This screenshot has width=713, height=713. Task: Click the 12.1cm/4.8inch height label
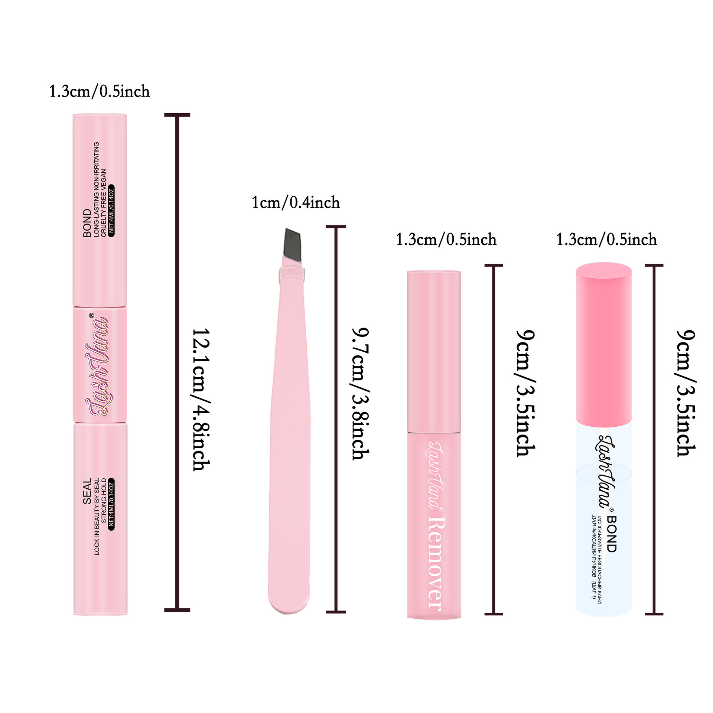[x=201, y=400]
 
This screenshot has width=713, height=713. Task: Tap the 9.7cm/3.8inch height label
[x=360, y=394]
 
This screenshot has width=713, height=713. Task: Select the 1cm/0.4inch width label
[x=296, y=203]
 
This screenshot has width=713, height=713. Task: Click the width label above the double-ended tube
[x=100, y=91]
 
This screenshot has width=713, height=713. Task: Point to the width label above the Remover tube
[x=446, y=240]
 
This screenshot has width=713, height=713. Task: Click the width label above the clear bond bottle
[x=606, y=240]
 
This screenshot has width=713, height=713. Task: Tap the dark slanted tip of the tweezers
[x=292, y=243]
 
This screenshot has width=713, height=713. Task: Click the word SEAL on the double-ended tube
[x=87, y=491]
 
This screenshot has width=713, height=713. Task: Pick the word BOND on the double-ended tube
[x=87, y=223]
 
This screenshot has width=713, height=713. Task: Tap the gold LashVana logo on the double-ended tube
[x=98, y=366]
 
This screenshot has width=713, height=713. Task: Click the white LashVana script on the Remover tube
[x=434, y=475]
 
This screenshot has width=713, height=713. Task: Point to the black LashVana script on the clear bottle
[x=605, y=472]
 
